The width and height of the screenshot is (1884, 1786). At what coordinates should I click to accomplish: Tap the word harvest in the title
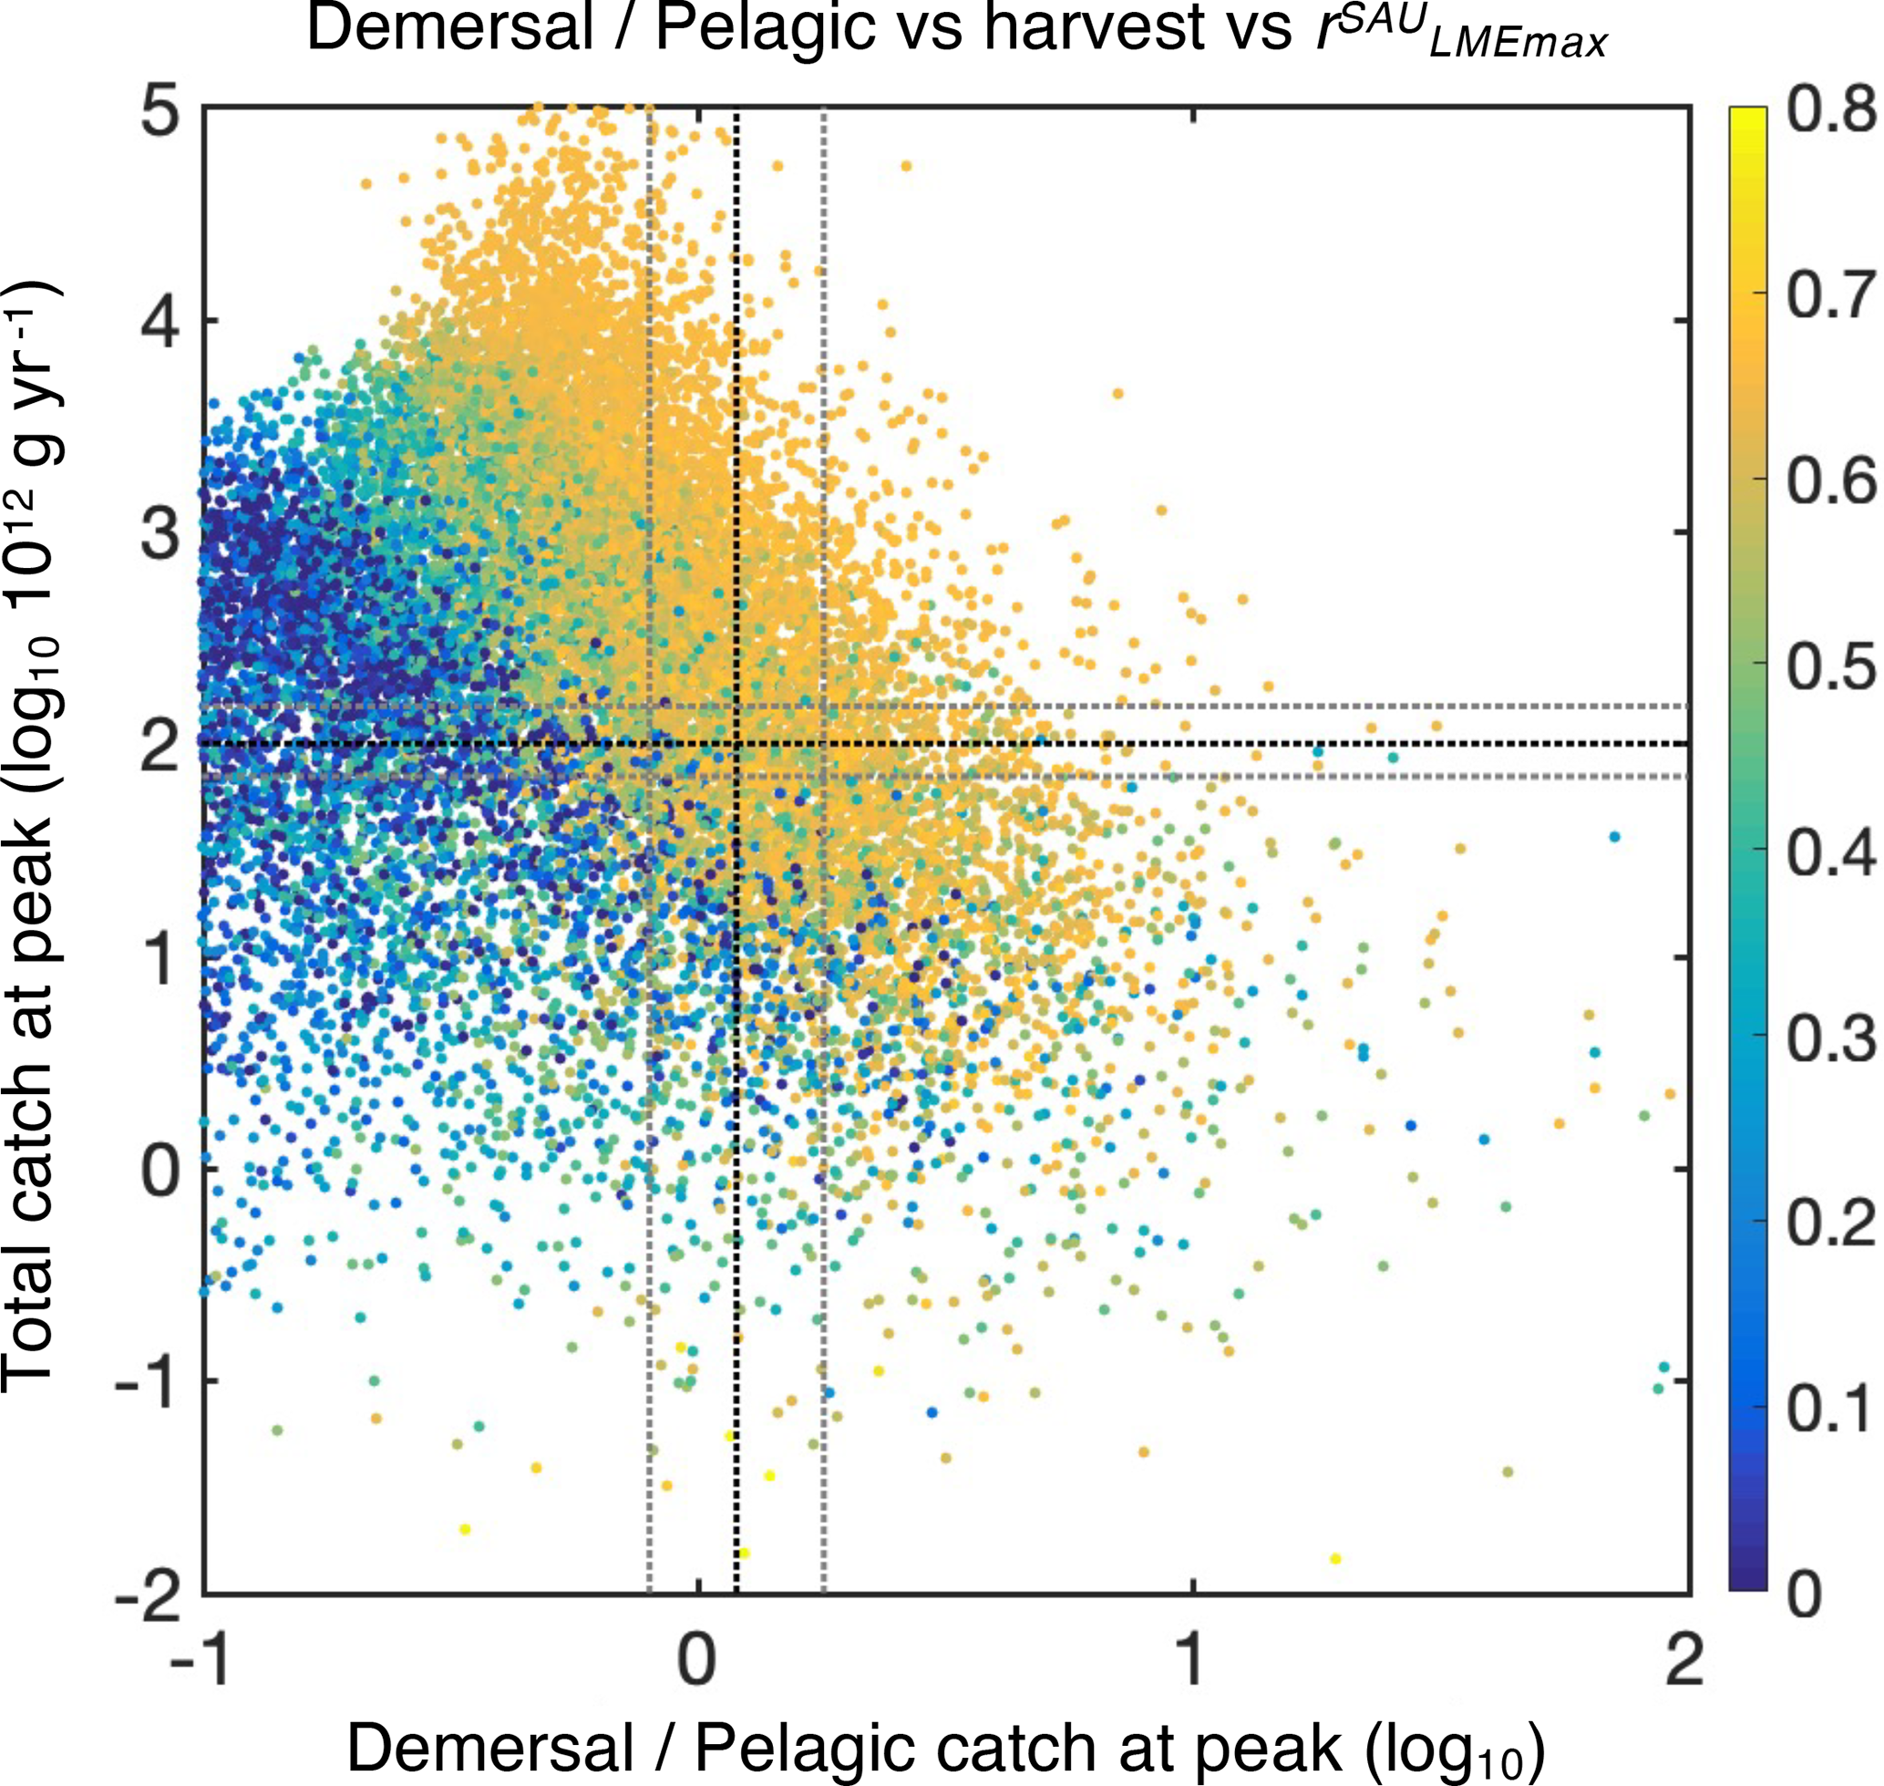pos(1094,28)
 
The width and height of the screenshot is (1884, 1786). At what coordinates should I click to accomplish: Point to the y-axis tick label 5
pos(159,114)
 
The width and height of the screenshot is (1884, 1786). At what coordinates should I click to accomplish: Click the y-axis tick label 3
pos(159,536)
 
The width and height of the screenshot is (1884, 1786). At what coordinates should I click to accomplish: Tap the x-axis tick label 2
pos(1684,1661)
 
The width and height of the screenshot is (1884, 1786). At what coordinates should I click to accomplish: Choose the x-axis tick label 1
pos(1192,1661)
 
